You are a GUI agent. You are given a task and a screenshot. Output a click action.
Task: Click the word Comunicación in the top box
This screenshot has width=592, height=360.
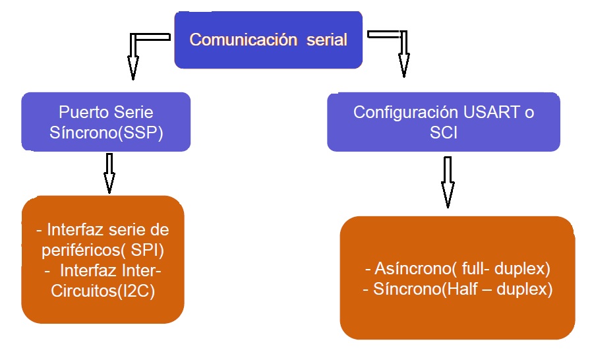(243, 40)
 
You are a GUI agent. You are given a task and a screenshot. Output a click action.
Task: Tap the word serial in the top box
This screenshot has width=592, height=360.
(326, 40)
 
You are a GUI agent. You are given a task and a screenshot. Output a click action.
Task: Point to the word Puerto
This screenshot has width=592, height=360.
(84, 112)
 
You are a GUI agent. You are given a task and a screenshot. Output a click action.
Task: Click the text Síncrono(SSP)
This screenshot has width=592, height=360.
(106, 133)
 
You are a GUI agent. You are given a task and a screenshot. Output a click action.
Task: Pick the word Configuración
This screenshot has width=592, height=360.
(405, 113)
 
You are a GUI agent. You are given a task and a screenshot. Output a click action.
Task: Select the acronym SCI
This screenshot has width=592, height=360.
(443, 133)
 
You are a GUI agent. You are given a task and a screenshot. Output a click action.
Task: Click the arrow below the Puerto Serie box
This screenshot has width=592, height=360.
(109, 173)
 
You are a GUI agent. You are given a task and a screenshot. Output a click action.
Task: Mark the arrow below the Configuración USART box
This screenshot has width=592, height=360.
(448, 182)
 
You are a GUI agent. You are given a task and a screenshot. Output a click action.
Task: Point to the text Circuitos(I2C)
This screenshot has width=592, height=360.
(103, 291)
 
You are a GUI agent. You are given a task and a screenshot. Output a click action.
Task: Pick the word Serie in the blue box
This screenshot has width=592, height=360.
(133, 112)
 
